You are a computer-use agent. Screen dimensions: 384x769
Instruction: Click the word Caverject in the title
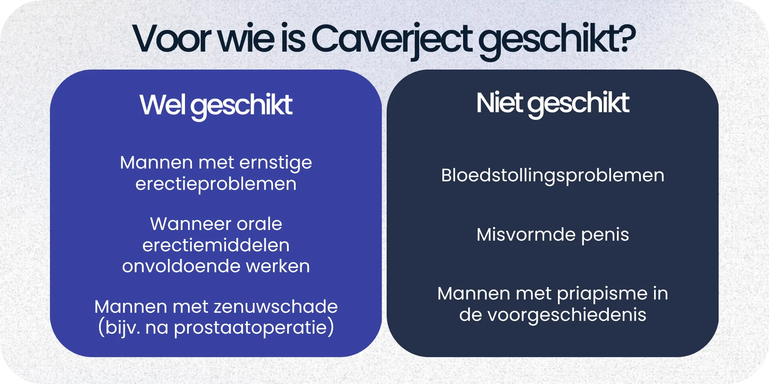click(392, 40)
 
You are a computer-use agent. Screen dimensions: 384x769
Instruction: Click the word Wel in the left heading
click(162, 105)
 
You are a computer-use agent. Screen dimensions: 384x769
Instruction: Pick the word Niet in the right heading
click(499, 103)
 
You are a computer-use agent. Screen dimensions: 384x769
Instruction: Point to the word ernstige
click(276, 163)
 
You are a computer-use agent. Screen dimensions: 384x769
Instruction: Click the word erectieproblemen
click(216, 184)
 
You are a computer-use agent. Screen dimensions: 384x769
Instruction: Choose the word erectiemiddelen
click(216, 245)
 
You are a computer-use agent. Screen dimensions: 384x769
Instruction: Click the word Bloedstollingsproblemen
click(552, 176)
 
